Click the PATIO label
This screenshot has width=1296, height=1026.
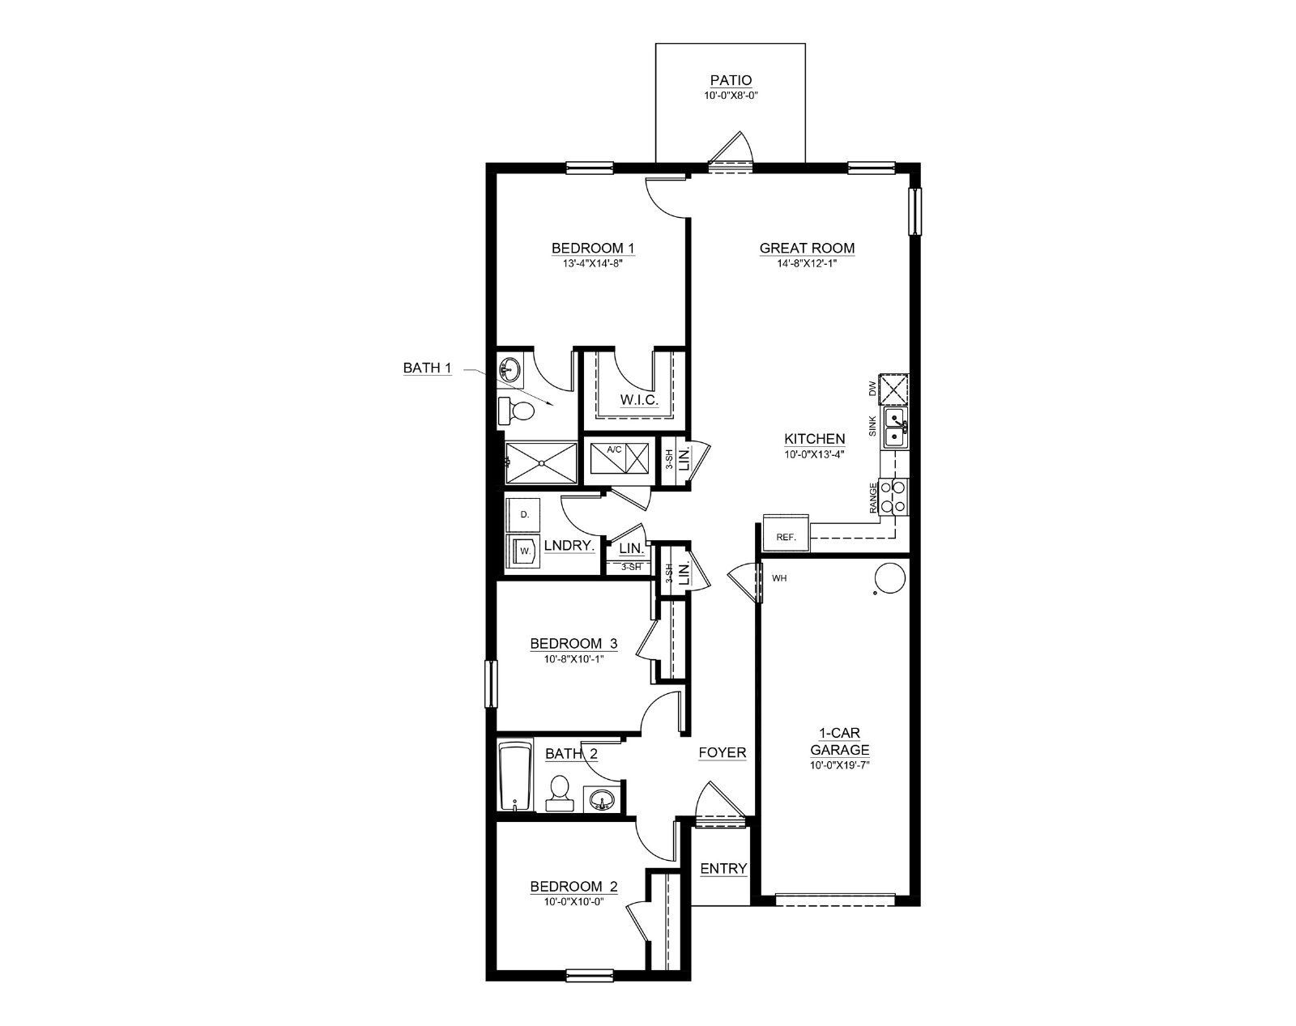click(731, 80)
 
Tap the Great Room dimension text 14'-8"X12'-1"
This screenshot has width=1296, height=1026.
click(807, 263)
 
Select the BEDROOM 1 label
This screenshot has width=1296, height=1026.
click(593, 248)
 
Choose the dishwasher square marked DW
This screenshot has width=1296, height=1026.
click(893, 390)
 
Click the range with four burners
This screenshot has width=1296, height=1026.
click(893, 496)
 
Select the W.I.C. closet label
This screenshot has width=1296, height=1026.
click(640, 400)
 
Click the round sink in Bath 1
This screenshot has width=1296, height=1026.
click(510, 369)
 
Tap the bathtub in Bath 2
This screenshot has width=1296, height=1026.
click(515, 776)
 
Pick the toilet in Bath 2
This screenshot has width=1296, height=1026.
click(558, 793)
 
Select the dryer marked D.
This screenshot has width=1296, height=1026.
click(523, 514)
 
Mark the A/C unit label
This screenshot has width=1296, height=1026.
click(614, 449)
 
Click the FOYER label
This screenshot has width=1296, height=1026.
click(722, 752)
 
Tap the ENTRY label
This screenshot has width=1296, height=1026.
click(723, 869)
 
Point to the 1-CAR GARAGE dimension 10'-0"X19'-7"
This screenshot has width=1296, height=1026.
click(840, 766)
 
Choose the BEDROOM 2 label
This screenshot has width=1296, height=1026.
click(574, 886)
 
